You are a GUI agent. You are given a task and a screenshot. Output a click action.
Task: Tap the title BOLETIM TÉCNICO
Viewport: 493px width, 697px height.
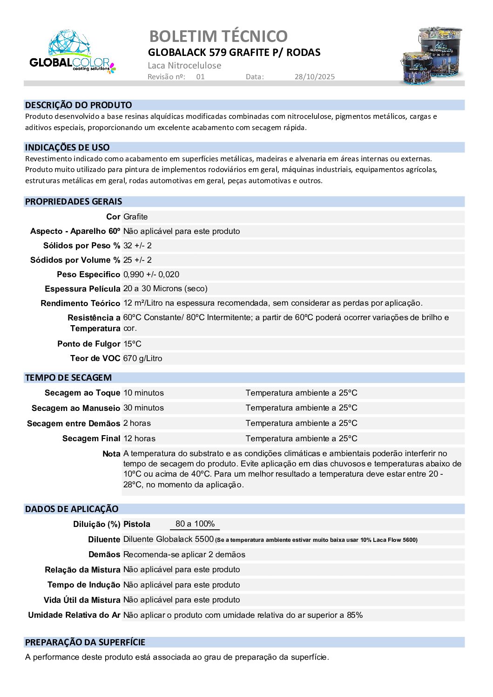(218, 36)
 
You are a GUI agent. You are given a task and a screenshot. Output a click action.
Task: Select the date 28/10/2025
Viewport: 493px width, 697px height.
(314, 77)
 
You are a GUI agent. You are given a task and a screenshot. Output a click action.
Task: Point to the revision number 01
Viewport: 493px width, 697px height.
(200, 77)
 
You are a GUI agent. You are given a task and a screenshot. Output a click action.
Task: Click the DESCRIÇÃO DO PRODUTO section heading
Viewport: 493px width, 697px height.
(78, 105)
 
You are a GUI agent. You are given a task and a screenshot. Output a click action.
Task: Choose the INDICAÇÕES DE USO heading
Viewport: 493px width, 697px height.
(67, 148)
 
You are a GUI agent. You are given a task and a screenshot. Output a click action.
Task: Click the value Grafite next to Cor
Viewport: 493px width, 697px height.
(135, 217)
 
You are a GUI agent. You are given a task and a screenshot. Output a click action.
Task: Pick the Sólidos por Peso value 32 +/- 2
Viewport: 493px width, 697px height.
(137, 246)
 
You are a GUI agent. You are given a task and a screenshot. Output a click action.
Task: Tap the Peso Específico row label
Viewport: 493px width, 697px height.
(88, 274)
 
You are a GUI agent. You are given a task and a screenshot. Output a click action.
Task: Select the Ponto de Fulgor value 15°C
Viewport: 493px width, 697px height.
(132, 344)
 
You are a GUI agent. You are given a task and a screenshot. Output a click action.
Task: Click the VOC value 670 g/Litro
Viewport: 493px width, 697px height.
(142, 358)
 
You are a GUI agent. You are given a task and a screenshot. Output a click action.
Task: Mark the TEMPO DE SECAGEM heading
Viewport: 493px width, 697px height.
(68, 378)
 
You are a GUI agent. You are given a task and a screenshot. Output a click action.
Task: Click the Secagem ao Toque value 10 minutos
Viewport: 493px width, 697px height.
(143, 393)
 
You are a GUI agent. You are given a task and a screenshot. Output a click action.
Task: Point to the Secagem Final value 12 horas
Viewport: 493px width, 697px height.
(139, 438)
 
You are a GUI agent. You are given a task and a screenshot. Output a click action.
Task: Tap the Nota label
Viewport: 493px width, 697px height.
(111, 454)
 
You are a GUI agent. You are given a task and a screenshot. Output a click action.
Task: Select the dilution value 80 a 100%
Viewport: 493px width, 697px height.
(195, 524)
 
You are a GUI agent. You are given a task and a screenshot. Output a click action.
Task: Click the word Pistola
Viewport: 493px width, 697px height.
(136, 524)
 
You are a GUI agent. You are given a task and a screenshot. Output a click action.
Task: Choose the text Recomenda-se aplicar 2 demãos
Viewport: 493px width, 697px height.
(184, 554)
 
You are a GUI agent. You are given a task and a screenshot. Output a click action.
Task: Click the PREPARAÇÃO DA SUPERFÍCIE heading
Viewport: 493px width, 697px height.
(85, 642)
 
